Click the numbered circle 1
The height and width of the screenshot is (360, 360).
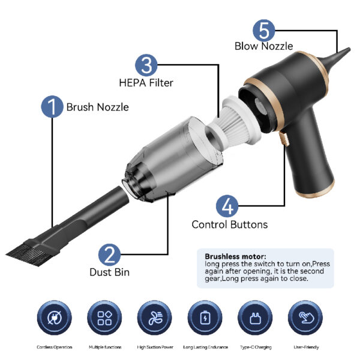coord(52,107)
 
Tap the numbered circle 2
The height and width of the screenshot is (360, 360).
coord(109,254)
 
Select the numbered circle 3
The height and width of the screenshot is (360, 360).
coord(146,65)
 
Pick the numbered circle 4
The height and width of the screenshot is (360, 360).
coord(227,206)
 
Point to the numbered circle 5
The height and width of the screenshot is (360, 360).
coord(264,31)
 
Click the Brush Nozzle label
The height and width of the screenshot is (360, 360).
coord(98,107)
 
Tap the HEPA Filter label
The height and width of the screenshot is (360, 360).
coord(146,83)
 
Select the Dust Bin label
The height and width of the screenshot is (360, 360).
coord(110,272)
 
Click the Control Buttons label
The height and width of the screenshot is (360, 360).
coord(230,224)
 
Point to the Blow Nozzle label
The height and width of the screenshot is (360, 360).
coord(264,46)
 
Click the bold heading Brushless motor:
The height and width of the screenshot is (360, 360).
coord(236,256)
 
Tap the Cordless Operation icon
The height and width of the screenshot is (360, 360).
coord(55,318)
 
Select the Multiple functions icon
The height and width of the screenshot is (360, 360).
coord(104,318)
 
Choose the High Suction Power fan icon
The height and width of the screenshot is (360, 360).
coord(155,318)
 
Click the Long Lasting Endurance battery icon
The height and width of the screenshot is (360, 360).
coord(205,318)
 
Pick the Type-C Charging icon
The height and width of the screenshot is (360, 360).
coord(256,318)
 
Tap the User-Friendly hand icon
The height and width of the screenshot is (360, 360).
coord(305,318)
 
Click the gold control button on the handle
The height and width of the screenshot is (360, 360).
coord(284,139)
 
